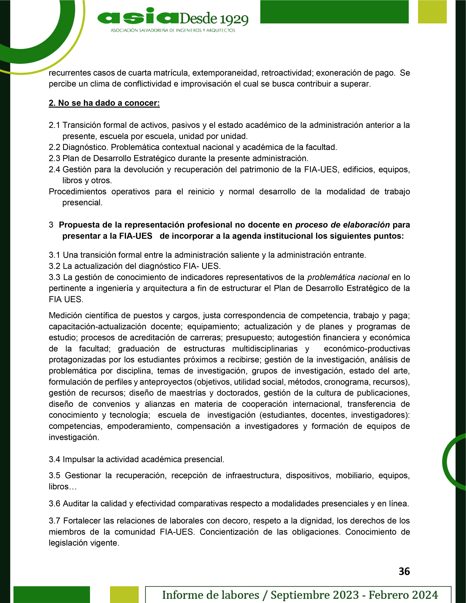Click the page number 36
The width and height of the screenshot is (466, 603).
404,571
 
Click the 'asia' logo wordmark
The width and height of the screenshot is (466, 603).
138,17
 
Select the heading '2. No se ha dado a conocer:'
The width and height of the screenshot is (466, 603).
104,103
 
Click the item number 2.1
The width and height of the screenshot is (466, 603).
54,125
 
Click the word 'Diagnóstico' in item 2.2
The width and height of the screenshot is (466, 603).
85,147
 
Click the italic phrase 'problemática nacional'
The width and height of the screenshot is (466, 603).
348,277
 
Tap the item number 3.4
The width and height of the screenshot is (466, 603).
54,459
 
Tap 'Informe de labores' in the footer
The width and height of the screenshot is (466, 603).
211,595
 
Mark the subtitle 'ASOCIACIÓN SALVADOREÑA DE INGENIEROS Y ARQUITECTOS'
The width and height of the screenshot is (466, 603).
173,30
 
